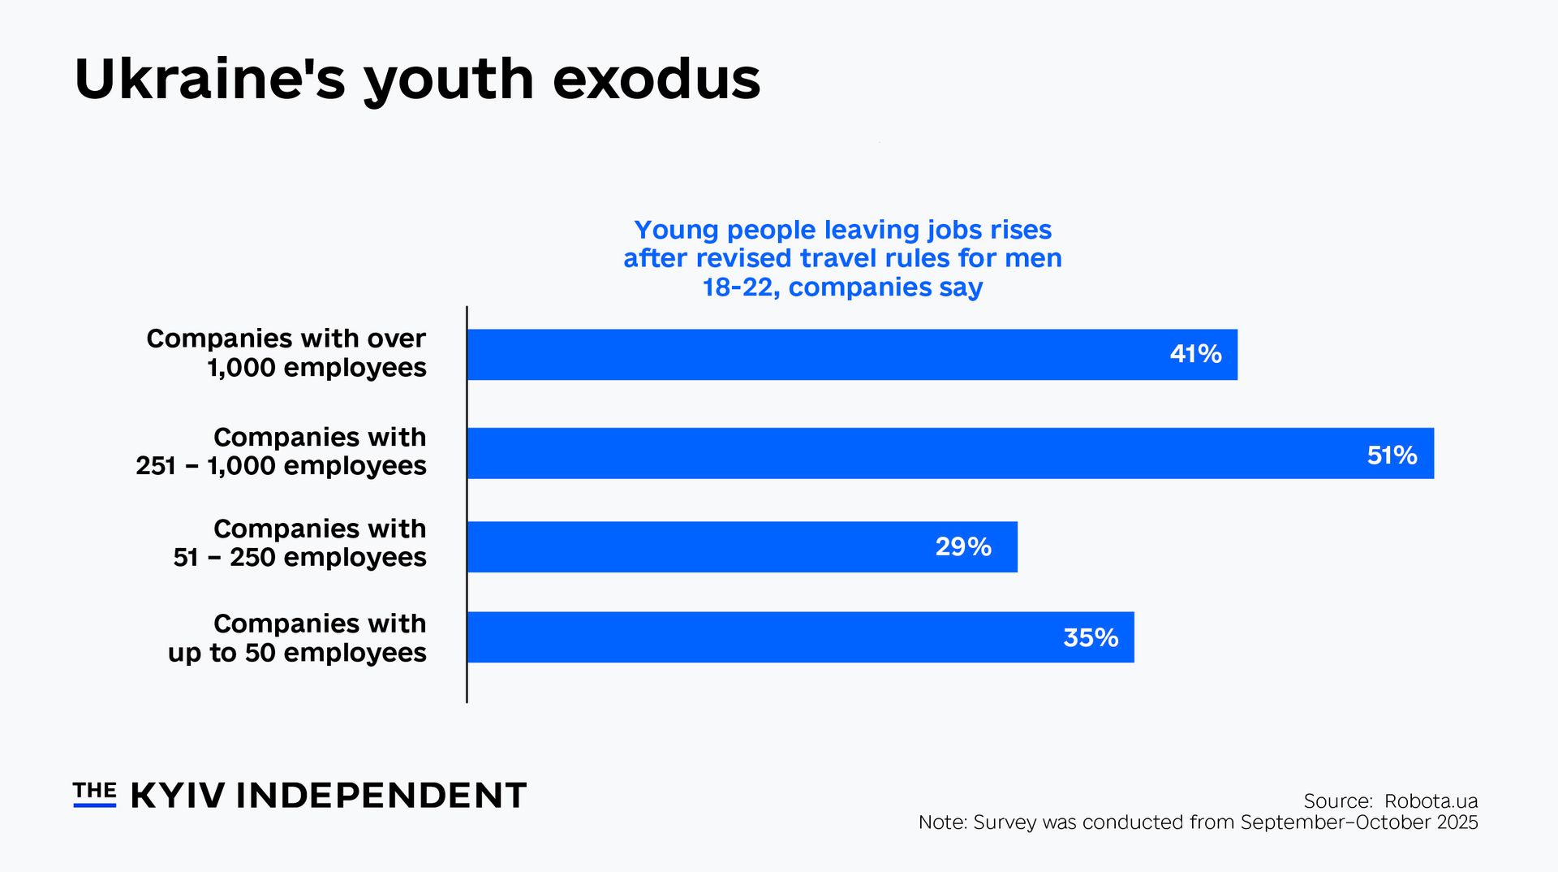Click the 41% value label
pos(1195,354)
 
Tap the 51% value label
pos(1392,455)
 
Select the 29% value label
pos(963,546)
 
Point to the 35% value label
pos(1091,637)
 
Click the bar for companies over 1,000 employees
pos(811,355)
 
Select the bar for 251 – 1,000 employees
pos(893,454)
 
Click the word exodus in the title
pos(656,80)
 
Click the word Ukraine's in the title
pos(209,80)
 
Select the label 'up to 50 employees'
pos(297,653)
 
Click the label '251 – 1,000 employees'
pos(281,466)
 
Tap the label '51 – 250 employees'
pos(299,558)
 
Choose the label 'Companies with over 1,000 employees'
pos(286,352)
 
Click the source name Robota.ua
pos(1431,801)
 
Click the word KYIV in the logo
pos(178,796)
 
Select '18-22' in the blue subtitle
pos(736,287)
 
